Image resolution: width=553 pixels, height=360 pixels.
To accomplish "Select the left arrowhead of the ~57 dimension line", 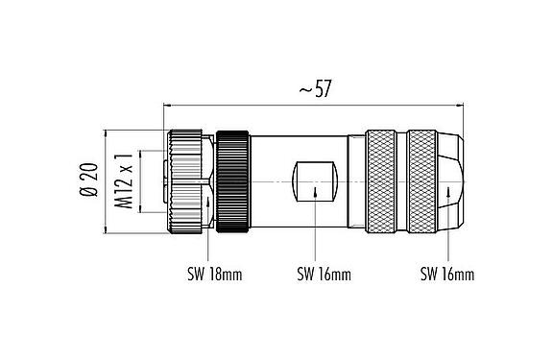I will [x=171, y=104].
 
